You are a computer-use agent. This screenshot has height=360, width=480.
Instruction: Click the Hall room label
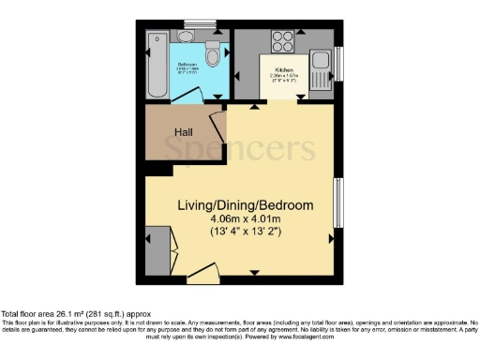[x=171, y=132]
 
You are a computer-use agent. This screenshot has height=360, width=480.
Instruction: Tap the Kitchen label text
[x=285, y=70]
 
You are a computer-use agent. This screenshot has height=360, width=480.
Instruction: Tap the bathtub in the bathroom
[x=156, y=67]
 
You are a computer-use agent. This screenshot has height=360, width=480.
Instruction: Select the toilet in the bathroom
[x=213, y=53]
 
